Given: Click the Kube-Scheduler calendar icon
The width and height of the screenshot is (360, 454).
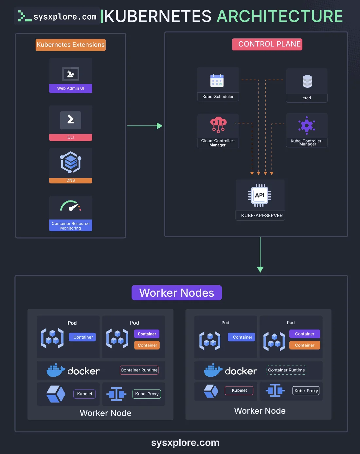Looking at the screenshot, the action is coord(217,81).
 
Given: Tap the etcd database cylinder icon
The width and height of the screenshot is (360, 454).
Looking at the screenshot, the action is coord(307,81).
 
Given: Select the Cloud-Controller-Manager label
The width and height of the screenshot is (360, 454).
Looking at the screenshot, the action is coord(218,143).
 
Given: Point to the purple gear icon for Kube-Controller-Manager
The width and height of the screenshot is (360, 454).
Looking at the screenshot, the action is coord(307,125).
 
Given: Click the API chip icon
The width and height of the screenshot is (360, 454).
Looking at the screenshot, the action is coord(260,195).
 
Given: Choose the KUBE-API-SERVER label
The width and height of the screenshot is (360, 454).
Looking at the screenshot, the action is coord(262,216).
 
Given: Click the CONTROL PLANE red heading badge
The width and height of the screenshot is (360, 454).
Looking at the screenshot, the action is coord(267,44).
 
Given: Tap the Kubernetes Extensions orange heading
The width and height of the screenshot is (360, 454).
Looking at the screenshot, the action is coord(71,45).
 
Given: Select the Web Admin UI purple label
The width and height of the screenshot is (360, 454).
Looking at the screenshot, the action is coord(71,88).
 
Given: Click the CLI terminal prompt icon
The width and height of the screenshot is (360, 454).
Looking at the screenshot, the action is coord(71,120).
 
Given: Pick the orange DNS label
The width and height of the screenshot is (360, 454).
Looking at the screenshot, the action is coord(71,180).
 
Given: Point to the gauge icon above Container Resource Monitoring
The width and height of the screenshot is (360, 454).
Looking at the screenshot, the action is coord(71,205).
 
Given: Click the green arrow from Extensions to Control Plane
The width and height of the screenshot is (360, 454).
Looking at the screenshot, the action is coord(145,126).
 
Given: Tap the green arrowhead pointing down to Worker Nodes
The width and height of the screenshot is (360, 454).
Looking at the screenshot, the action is coord(260,269).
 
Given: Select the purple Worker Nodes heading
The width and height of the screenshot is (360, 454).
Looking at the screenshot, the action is coord(177,293).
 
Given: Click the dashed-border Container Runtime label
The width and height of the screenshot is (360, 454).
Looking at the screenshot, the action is coord(286,370).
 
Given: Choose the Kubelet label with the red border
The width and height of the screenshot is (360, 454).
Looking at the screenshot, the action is coord(239,390).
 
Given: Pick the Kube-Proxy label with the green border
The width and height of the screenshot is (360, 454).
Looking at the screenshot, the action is coord(147,394).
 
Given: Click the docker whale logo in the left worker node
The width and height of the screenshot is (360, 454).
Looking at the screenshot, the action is coord(56,370).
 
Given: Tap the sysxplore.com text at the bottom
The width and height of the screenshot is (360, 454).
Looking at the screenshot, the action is coord(185,443).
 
